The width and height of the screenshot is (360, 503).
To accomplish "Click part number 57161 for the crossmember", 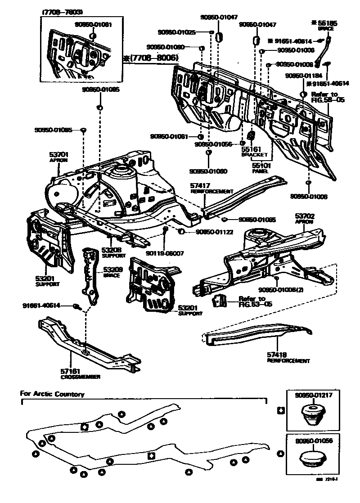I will (71, 371).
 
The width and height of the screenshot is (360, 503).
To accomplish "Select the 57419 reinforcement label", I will (277, 355).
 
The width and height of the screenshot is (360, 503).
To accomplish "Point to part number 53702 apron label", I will (305, 216).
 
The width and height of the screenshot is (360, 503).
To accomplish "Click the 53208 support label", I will (110, 250).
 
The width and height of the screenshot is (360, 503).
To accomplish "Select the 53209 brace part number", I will (112, 270).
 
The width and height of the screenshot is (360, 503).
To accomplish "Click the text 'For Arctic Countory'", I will (53, 394).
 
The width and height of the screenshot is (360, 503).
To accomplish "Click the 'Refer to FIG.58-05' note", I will (327, 97).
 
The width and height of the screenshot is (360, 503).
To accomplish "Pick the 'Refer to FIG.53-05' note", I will (252, 301).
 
